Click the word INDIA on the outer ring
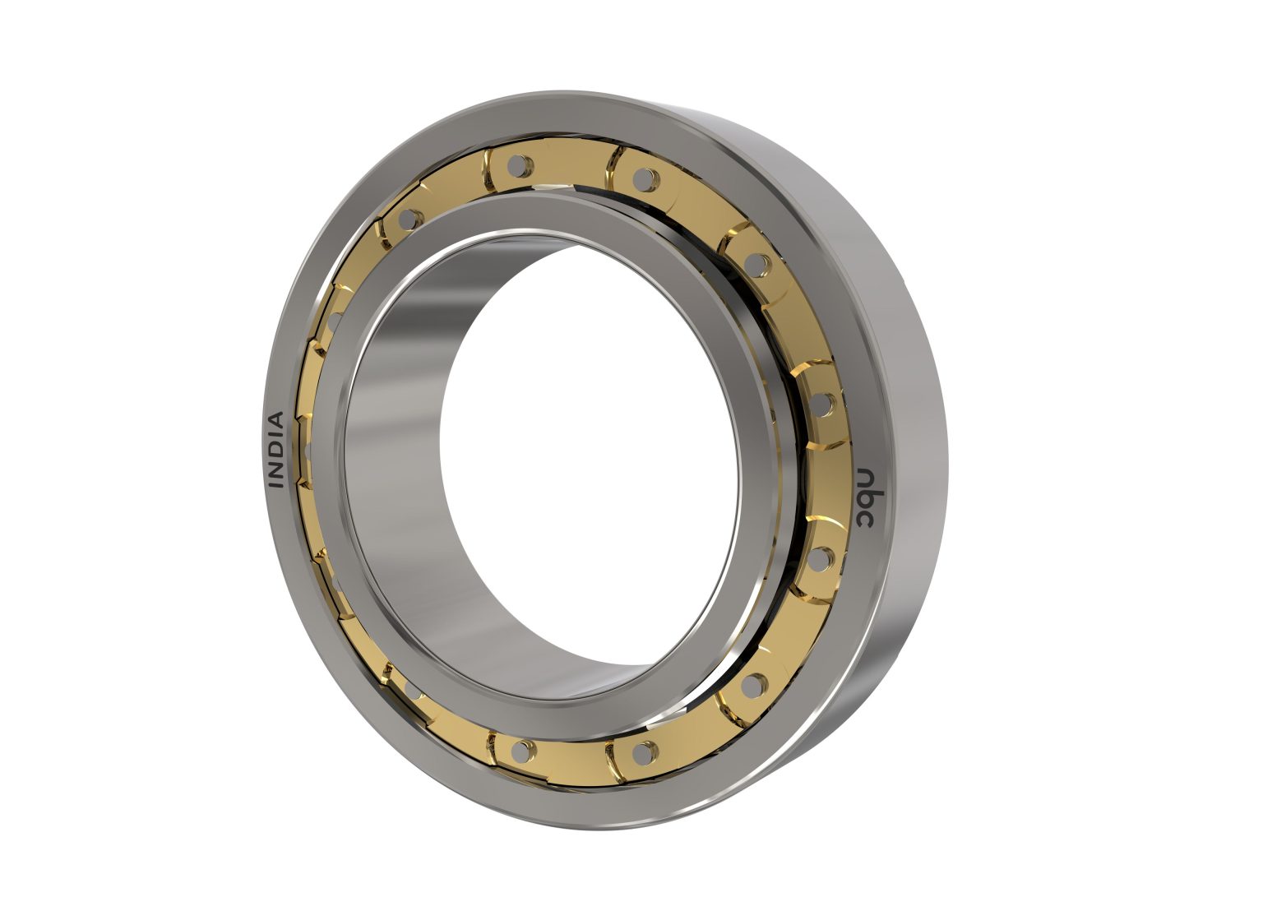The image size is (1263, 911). click(277, 450)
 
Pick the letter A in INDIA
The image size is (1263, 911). click(277, 419)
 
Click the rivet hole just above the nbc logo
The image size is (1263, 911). click(823, 404)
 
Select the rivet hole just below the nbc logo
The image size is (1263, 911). click(819, 558)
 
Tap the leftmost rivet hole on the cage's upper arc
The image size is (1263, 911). click(407, 219)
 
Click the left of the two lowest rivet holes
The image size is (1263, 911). click(520, 748)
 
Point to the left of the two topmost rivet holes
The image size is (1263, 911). click(516, 166)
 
